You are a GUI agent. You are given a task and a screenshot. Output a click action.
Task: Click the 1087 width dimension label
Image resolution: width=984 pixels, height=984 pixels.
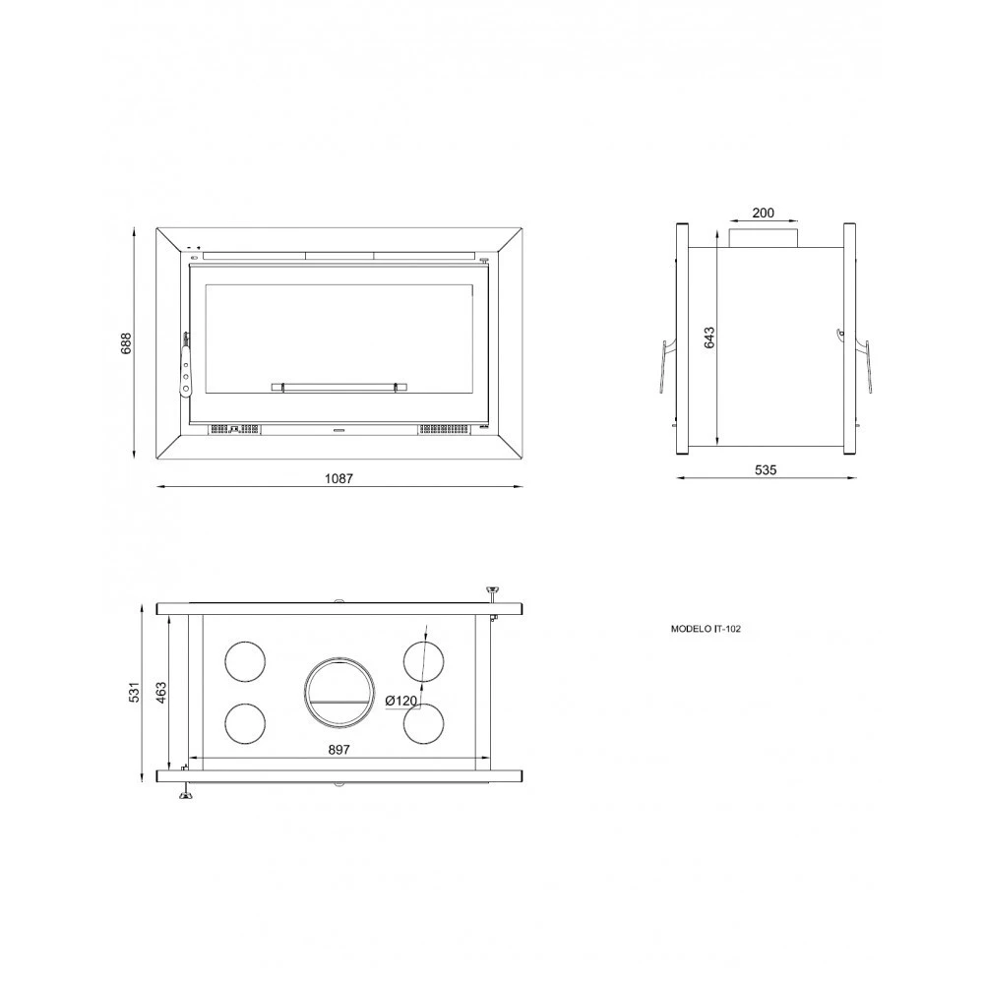coord(338,478)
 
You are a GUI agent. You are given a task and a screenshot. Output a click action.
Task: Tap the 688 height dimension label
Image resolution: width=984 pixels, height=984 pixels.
coord(126,343)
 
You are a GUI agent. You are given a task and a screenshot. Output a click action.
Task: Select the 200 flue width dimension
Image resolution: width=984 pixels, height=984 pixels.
coord(764,213)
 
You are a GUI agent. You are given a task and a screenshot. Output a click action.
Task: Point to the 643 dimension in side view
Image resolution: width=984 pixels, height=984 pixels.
coord(709,338)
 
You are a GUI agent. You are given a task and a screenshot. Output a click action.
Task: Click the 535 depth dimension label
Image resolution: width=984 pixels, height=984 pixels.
coord(766,469)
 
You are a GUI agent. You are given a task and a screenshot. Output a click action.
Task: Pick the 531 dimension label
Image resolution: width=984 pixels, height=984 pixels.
coord(134,691)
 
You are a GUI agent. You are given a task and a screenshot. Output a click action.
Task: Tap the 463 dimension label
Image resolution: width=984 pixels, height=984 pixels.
coord(160,692)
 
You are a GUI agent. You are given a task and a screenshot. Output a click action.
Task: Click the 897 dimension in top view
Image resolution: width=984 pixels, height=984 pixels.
coord(338,749)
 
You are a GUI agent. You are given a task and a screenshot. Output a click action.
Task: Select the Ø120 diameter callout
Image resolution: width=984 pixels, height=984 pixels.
coord(401,701)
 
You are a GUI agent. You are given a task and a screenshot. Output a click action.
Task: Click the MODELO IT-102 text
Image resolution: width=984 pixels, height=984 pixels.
coord(706,628)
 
